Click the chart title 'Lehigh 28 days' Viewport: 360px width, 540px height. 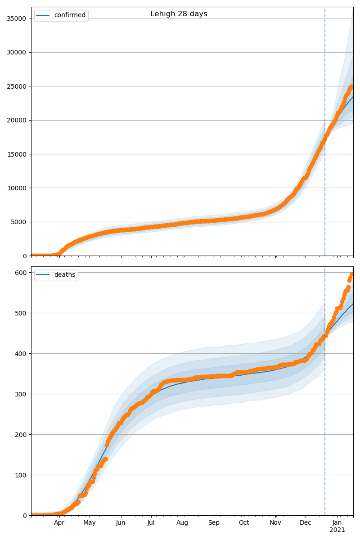(x=179, y=14)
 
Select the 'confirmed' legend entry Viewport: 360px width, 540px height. (x=70, y=15)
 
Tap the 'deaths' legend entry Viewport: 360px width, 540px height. (x=64, y=275)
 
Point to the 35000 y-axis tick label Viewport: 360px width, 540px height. (x=17, y=18)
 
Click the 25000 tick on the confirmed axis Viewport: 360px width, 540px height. (x=17, y=86)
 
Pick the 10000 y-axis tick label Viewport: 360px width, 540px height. (x=17, y=188)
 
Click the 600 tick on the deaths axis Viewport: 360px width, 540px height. (x=22, y=272)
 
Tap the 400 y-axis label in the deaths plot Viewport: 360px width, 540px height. (x=22, y=353)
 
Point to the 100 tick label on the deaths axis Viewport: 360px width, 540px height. (x=22, y=475)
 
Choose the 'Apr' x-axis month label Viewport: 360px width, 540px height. (x=59, y=523)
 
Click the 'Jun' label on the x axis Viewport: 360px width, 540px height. (x=120, y=523)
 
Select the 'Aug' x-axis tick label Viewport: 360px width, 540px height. (x=182, y=523)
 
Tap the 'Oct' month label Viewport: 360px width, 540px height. (x=243, y=523)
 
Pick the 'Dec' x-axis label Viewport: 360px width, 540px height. (x=306, y=523)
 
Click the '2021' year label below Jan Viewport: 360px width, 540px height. (x=337, y=530)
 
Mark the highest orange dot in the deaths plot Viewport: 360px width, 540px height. (x=352, y=274)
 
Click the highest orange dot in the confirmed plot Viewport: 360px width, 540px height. (x=352, y=86)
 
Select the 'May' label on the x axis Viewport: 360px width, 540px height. (x=90, y=523)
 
